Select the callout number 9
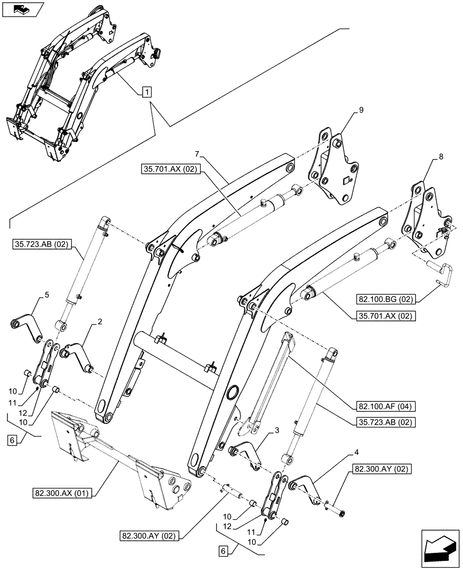tap(361, 109)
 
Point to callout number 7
tap(197, 153)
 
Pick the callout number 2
tap(100, 322)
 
